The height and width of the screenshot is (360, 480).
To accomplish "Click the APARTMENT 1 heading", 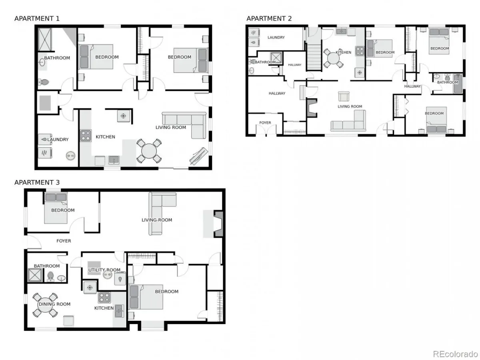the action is click(37, 18).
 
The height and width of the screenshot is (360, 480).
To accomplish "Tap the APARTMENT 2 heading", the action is click(269, 18).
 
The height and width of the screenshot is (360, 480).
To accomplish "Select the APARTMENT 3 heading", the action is click(37, 182).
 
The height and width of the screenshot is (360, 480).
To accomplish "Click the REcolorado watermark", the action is click(455, 354).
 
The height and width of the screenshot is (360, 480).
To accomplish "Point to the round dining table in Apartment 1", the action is click(149, 151).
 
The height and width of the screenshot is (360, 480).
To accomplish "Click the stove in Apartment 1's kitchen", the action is click(86, 136).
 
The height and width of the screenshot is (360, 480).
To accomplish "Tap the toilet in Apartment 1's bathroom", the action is click(44, 82).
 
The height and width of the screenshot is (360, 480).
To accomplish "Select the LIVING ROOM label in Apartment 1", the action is click(171, 128).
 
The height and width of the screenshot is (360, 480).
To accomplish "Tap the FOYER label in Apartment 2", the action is click(265, 123).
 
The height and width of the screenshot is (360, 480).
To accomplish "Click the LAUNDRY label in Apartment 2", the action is click(276, 37).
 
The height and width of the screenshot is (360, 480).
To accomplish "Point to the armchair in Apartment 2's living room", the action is click(344, 96).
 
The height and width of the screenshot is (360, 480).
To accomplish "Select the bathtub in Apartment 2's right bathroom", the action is click(458, 84).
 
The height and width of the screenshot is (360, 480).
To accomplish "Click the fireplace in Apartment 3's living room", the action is click(218, 224).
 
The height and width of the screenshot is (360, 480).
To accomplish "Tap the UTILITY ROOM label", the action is click(104, 270).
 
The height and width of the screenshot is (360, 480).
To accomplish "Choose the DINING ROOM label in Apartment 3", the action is click(54, 304).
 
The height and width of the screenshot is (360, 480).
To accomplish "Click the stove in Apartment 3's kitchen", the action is click(104, 298).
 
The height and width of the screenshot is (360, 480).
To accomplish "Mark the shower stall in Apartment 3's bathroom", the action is click(35, 275).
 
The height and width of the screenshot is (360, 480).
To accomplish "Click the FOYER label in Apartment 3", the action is click(64, 241).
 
